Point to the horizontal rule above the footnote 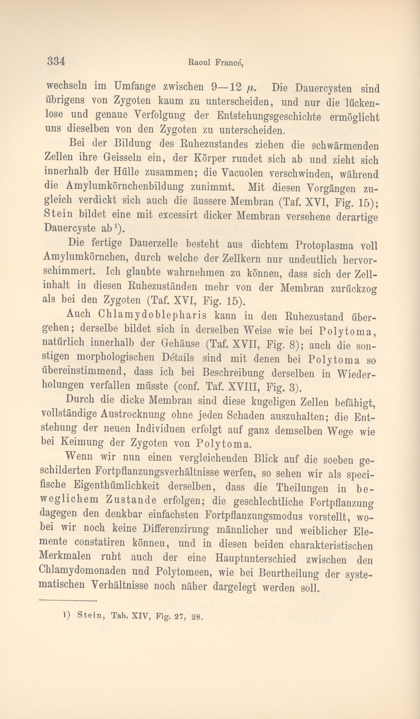click(68, 601)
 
